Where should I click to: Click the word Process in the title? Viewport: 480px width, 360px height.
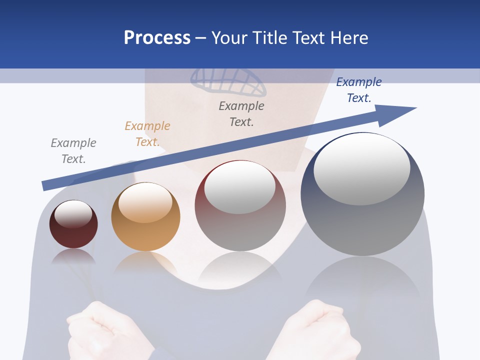(x=157, y=38)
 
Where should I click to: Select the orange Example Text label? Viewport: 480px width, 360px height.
(x=147, y=134)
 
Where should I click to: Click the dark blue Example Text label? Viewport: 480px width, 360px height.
(x=359, y=90)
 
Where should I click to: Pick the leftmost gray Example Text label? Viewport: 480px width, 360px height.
(x=73, y=151)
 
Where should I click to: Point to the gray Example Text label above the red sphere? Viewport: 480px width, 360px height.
(x=241, y=113)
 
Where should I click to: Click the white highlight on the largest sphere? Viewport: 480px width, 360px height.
(x=361, y=169)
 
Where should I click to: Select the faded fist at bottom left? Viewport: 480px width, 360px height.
(x=95, y=330)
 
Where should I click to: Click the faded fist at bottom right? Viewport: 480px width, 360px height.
(x=320, y=330)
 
